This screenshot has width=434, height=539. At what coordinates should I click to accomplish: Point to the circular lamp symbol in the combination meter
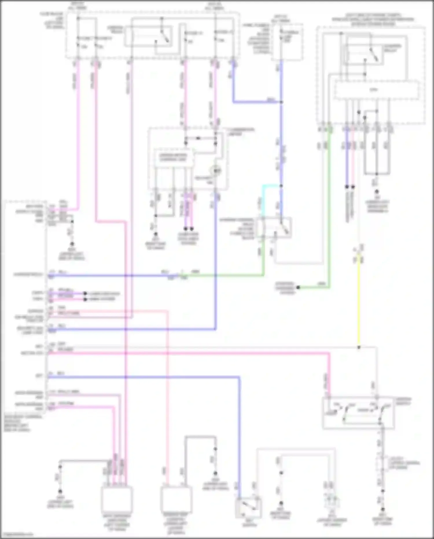click(216, 171)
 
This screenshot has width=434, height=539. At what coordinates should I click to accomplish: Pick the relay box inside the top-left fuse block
click(148, 36)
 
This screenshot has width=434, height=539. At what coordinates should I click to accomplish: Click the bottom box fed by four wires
click(117, 500)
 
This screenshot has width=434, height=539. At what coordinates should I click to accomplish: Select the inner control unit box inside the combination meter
click(173, 158)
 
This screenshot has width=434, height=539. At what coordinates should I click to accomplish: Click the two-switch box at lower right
click(358, 413)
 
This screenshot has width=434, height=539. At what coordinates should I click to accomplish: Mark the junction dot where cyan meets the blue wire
click(281, 186)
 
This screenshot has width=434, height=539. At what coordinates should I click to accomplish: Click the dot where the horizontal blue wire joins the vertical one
click(281, 102)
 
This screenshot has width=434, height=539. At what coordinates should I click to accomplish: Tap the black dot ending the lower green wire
click(298, 287)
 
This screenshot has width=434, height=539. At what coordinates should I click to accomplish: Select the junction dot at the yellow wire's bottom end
click(359, 347)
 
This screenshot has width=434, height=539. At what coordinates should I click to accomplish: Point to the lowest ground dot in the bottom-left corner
click(60, 492)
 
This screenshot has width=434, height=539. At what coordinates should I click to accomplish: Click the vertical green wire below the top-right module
click(329, 203)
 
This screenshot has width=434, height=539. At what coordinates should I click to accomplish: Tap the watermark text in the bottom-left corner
click(17, 534)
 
